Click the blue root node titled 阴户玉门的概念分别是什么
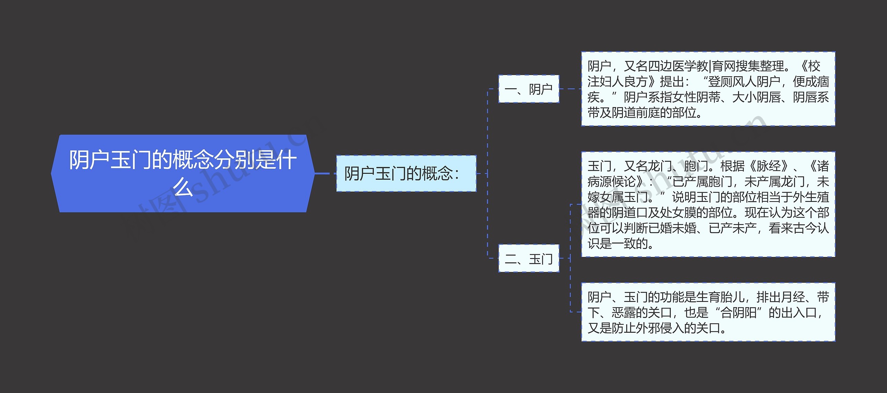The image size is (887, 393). tap(182, 173)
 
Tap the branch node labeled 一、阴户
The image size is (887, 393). tap(528, 89)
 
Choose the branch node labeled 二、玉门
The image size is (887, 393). tap(528, 259)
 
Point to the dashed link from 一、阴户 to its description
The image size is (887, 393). tap(570, 89)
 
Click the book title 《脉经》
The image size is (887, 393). tap(769, 166)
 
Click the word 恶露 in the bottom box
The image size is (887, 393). tap(623, 313)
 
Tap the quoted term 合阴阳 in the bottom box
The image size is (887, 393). tap(738, 313)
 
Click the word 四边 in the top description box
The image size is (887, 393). tap(660, 66)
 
